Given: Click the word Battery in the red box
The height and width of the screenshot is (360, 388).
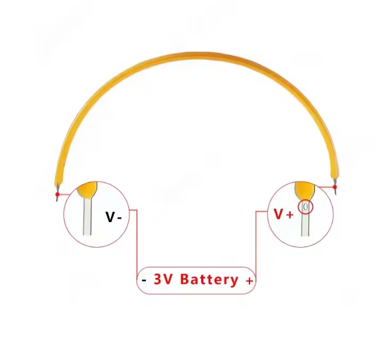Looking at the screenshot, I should [209, 279].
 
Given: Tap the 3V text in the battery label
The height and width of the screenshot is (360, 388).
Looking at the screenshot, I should [164, 279].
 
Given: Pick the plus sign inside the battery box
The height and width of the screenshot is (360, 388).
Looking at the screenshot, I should [249, 281].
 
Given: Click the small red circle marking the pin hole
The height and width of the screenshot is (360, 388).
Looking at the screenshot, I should [306, 206].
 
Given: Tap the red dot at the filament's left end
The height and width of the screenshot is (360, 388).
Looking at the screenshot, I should [57, 194].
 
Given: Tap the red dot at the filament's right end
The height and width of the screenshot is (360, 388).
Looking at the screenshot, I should [335, 187].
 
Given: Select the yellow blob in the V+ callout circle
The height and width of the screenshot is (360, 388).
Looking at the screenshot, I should [304, 188].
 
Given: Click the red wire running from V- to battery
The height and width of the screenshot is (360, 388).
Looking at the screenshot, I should [137, 240].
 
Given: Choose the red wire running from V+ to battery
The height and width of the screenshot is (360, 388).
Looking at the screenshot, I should [257, 240].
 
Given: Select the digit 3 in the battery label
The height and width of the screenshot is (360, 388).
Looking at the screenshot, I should [158, 279].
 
